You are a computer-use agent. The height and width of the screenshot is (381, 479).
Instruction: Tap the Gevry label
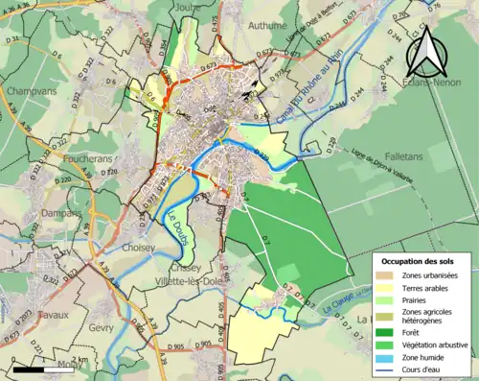[x=103, y=327]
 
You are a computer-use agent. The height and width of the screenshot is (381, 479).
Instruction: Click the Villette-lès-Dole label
[x=189, y=282]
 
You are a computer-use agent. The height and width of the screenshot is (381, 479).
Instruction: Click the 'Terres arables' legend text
[x=428, y=287]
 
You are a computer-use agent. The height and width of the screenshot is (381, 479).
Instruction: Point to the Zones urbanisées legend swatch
[x=388, y=274]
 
